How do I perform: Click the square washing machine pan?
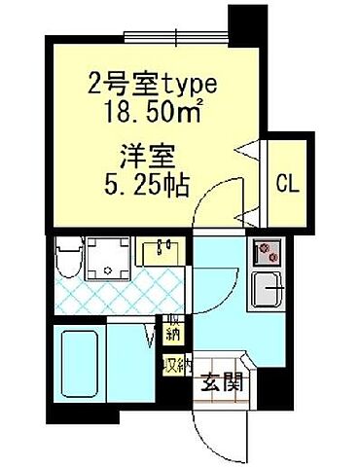(x=110, y=257)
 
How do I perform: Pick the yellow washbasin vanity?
(x=161, y=253)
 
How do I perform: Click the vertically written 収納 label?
(x=172, y=330)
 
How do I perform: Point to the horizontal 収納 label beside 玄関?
(x=175, y=366)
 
